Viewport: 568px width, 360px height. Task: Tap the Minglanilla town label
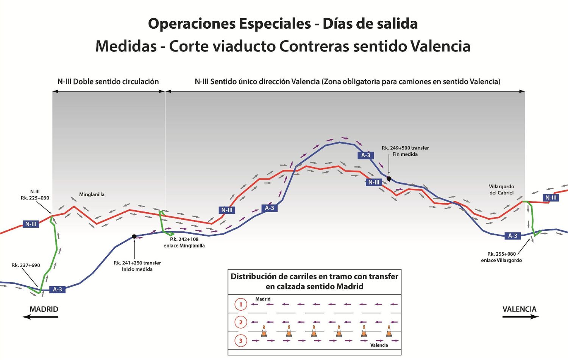point(92,195)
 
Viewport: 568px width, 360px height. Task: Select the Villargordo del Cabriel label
point(501,190)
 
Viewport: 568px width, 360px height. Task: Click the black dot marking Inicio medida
point(134,236)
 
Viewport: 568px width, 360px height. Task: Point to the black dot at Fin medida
point(389,179)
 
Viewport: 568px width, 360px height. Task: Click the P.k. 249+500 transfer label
point(405,148)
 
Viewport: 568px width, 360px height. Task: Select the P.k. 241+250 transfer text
point(137,263)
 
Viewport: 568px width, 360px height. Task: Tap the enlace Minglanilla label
point(184,246)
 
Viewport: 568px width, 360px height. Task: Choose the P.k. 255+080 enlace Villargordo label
point(501,257)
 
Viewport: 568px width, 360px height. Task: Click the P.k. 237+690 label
point(26,266)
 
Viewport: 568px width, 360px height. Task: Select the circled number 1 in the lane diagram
point(241,304)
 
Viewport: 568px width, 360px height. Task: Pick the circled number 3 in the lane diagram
point(241,341)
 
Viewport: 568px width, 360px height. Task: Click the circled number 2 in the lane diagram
point(241,322)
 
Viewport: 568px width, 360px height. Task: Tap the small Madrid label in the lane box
point(263,299)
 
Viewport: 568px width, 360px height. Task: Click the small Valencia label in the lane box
point(379,345)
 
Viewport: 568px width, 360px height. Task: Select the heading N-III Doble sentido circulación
point(108,81)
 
